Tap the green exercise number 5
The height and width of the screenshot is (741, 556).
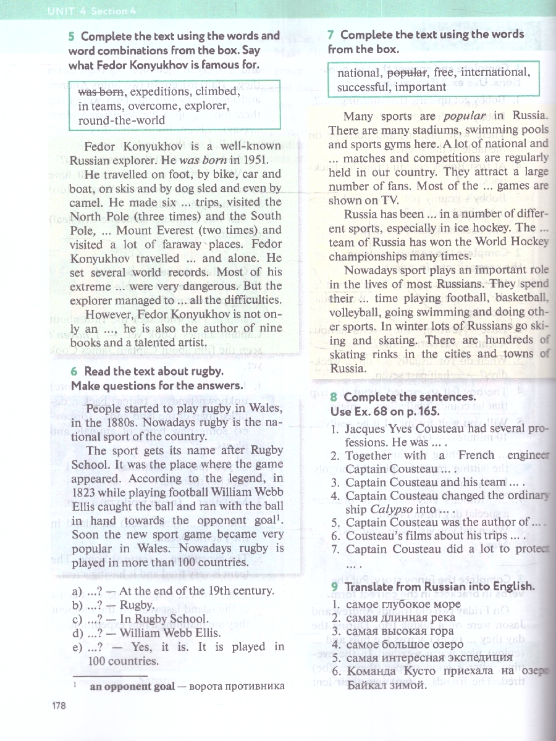point(72,36)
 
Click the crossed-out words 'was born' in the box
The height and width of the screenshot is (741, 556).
point(101,92)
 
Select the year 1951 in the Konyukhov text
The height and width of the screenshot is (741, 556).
point(266,160)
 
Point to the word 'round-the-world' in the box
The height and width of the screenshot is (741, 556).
point(122,120)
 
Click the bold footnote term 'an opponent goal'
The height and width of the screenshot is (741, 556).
point(127,686)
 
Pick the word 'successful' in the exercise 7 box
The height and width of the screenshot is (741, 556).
point(363,87)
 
